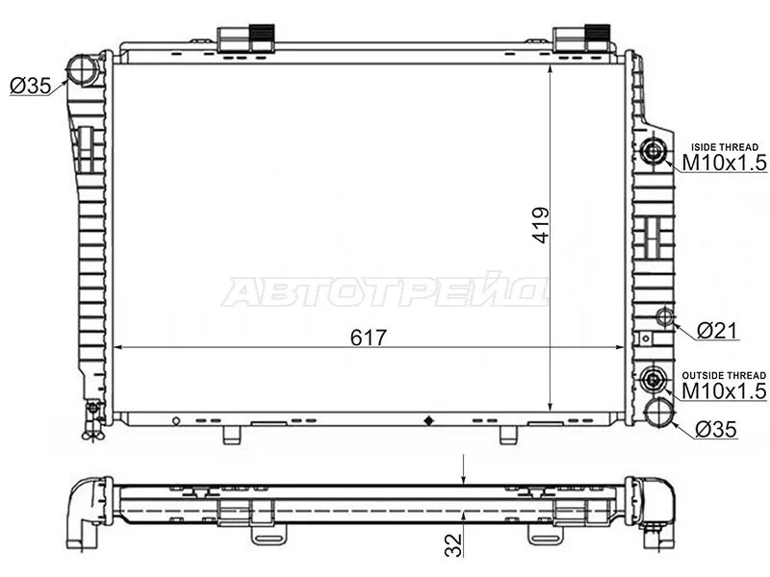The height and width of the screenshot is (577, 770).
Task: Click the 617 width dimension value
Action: tap(368, 337)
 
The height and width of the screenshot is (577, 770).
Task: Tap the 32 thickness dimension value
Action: tap(453, 544)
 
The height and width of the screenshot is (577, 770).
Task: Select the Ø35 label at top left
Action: tap(30, 87)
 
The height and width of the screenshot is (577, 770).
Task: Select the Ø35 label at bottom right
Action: tap(717, 430)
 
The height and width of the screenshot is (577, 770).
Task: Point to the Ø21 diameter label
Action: tap(717, 331)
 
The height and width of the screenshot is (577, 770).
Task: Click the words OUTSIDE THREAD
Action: tap(724, 375)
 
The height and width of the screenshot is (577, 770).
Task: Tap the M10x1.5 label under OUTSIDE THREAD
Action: tap(724, 391)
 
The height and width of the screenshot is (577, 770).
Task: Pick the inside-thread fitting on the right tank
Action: tap(654, 151)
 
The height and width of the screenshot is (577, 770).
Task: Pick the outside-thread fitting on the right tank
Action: tap(654, 379)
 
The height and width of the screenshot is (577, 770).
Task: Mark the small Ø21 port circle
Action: tap(662, 316)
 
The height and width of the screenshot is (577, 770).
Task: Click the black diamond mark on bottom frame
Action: tap(429, 420)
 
